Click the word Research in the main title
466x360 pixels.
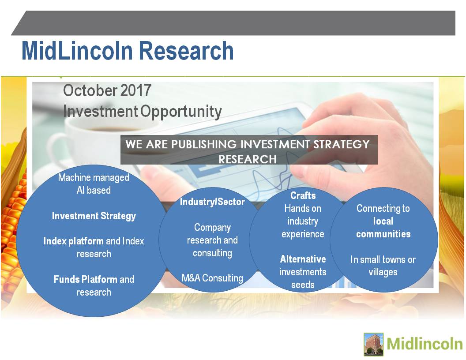(186, 51)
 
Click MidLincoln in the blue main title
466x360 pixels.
(77, 51)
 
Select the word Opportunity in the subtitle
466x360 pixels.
(180, 112)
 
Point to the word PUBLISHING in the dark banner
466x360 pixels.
(204, 144)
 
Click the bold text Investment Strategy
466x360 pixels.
(94, 216)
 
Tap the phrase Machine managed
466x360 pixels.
(94, 177)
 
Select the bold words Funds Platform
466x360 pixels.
(86, 279)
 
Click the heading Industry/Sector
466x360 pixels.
(212, 202)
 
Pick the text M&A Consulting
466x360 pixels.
(212, 278)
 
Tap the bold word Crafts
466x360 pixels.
(303, 195)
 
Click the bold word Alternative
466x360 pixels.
(303, 259)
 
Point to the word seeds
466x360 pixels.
(303, 285)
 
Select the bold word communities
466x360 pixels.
(383, 234)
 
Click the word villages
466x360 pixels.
(383, 272)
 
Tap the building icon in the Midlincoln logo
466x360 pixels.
(374, 344)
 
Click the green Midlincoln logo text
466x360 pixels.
(425, 344)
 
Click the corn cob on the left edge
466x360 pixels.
(12, 226)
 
